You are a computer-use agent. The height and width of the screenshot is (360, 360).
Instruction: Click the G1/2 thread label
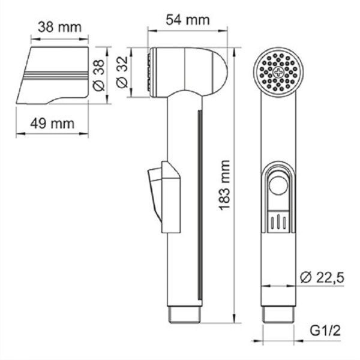click(322, 330)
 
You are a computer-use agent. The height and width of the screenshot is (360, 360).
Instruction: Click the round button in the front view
click(279, 187)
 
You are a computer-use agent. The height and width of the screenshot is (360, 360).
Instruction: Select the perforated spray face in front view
click(280, 71)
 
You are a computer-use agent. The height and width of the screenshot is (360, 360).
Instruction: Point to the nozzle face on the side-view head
click(150, 73)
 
